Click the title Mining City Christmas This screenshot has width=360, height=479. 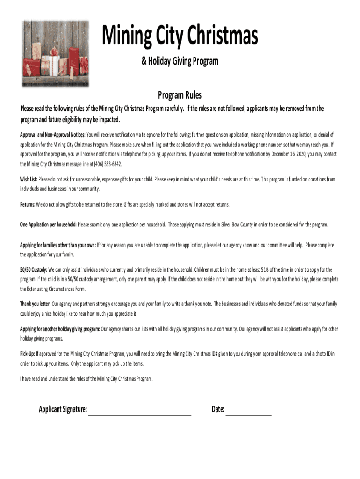tap(180, 36)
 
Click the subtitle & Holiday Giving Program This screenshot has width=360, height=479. tap(180, 61)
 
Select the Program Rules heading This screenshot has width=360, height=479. tap(180, 95)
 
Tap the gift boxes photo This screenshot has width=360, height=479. tap(55, 53)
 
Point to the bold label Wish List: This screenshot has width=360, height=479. tap(29, 179)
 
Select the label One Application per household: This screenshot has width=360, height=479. tap(48, 225)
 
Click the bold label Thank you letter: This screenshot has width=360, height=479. tap(35, 304)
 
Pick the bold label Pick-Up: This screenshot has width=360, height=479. tap(28, 354)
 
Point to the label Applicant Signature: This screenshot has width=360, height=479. tap(63, 410)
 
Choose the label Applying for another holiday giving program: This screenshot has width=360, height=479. tap(60, 329)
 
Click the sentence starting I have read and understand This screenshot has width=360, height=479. tap(86, 378)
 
